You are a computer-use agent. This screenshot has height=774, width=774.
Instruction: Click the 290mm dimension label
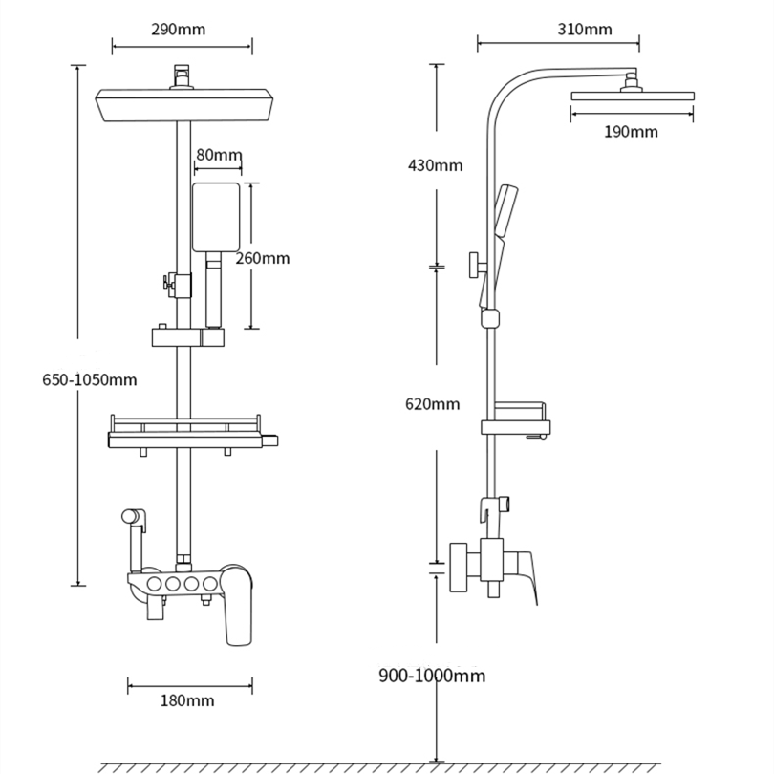(178, 30)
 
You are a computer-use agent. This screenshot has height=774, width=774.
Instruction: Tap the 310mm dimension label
(585, 30)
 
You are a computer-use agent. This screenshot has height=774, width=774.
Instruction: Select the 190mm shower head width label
(631, 132)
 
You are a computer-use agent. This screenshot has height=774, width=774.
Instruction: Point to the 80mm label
(219, 155)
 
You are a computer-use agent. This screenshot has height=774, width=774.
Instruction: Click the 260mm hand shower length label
(262, 258)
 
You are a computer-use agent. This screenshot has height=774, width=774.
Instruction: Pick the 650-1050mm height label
(90, 379)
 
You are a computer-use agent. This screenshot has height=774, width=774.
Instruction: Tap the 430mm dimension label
(436, 165)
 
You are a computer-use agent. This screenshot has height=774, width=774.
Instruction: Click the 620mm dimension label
(433, 404)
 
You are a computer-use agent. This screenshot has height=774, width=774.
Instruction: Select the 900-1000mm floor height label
(432, 676)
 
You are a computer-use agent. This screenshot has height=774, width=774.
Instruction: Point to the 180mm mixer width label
(187, 700)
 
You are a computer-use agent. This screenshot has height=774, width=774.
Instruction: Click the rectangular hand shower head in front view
(216, 217)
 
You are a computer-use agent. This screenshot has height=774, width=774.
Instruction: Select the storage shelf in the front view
(193, 433)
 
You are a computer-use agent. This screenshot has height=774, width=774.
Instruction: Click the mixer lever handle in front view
(236, 606)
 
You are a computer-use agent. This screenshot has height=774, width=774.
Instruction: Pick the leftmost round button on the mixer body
(155, 584)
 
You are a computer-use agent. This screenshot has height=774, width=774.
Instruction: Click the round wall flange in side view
(459, 568)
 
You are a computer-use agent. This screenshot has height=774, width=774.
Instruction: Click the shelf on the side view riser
(516, 420)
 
